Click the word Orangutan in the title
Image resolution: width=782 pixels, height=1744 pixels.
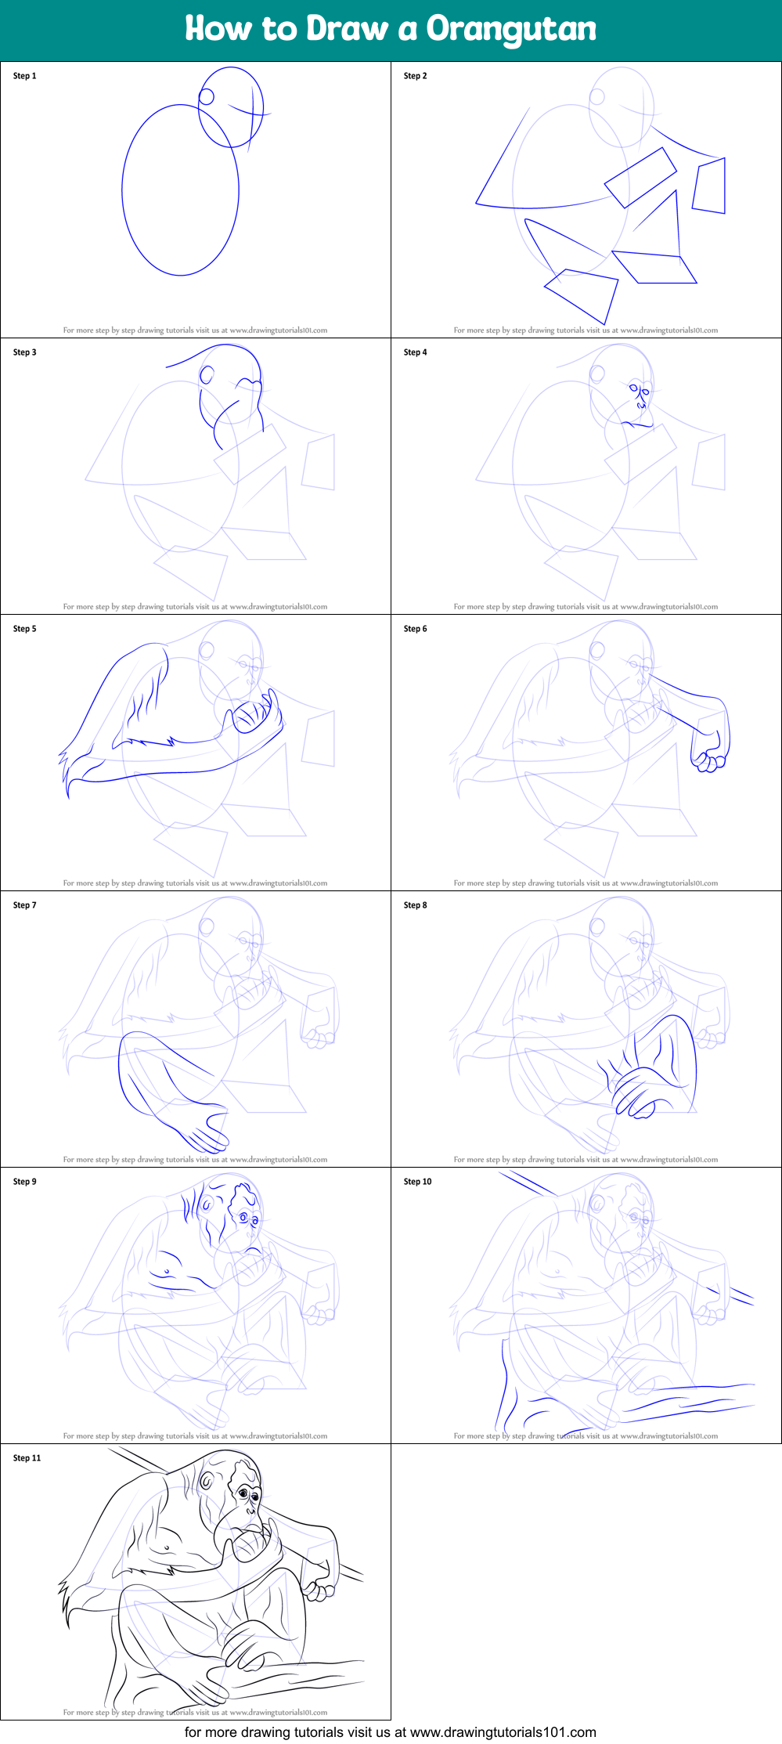pos(510,30)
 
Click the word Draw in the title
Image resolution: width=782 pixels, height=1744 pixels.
pos(347,29)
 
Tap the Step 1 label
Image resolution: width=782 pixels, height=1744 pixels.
pos(24,76)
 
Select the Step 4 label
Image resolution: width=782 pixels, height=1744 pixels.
pos(415,352)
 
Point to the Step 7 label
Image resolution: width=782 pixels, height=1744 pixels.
pos(24,905)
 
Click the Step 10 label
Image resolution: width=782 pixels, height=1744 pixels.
pos(417,1182)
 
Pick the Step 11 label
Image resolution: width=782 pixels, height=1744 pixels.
pos(27,1458)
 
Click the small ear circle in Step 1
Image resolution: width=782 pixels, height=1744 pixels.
pos(207,97)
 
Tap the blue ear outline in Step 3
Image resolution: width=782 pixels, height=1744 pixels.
pos(207,374)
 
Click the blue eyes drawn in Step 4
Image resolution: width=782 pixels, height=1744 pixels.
pos(639,391)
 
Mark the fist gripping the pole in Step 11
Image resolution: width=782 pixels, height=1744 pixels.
pos(317,1590)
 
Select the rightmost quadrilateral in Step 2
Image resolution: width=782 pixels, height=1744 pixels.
pos(710,186)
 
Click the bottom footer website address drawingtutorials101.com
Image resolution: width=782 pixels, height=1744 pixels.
pos(503,1732)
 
